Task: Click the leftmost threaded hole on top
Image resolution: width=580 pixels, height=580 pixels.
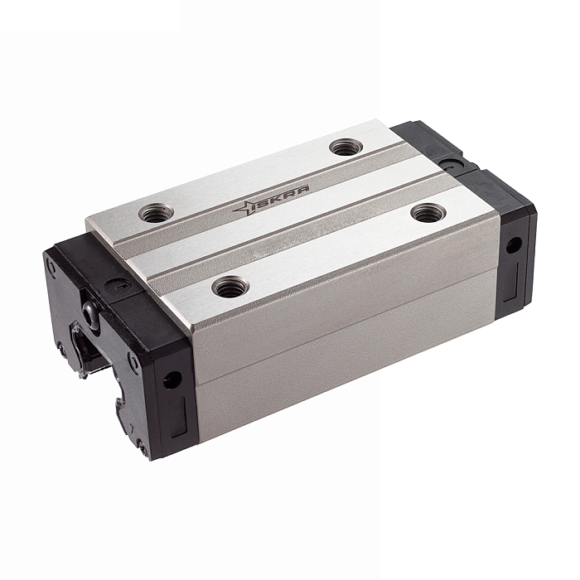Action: tap(156, 213)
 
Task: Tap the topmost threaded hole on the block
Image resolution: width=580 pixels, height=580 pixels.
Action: tap(346, 147)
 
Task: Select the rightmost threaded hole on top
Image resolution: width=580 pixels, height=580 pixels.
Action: tap(428, 213)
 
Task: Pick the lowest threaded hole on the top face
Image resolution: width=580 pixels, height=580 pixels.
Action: tap(230, 287)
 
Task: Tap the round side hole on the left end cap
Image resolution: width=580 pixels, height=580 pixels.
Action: tap(172, 379)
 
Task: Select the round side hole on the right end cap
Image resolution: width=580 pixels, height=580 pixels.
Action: tap(514, 244)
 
